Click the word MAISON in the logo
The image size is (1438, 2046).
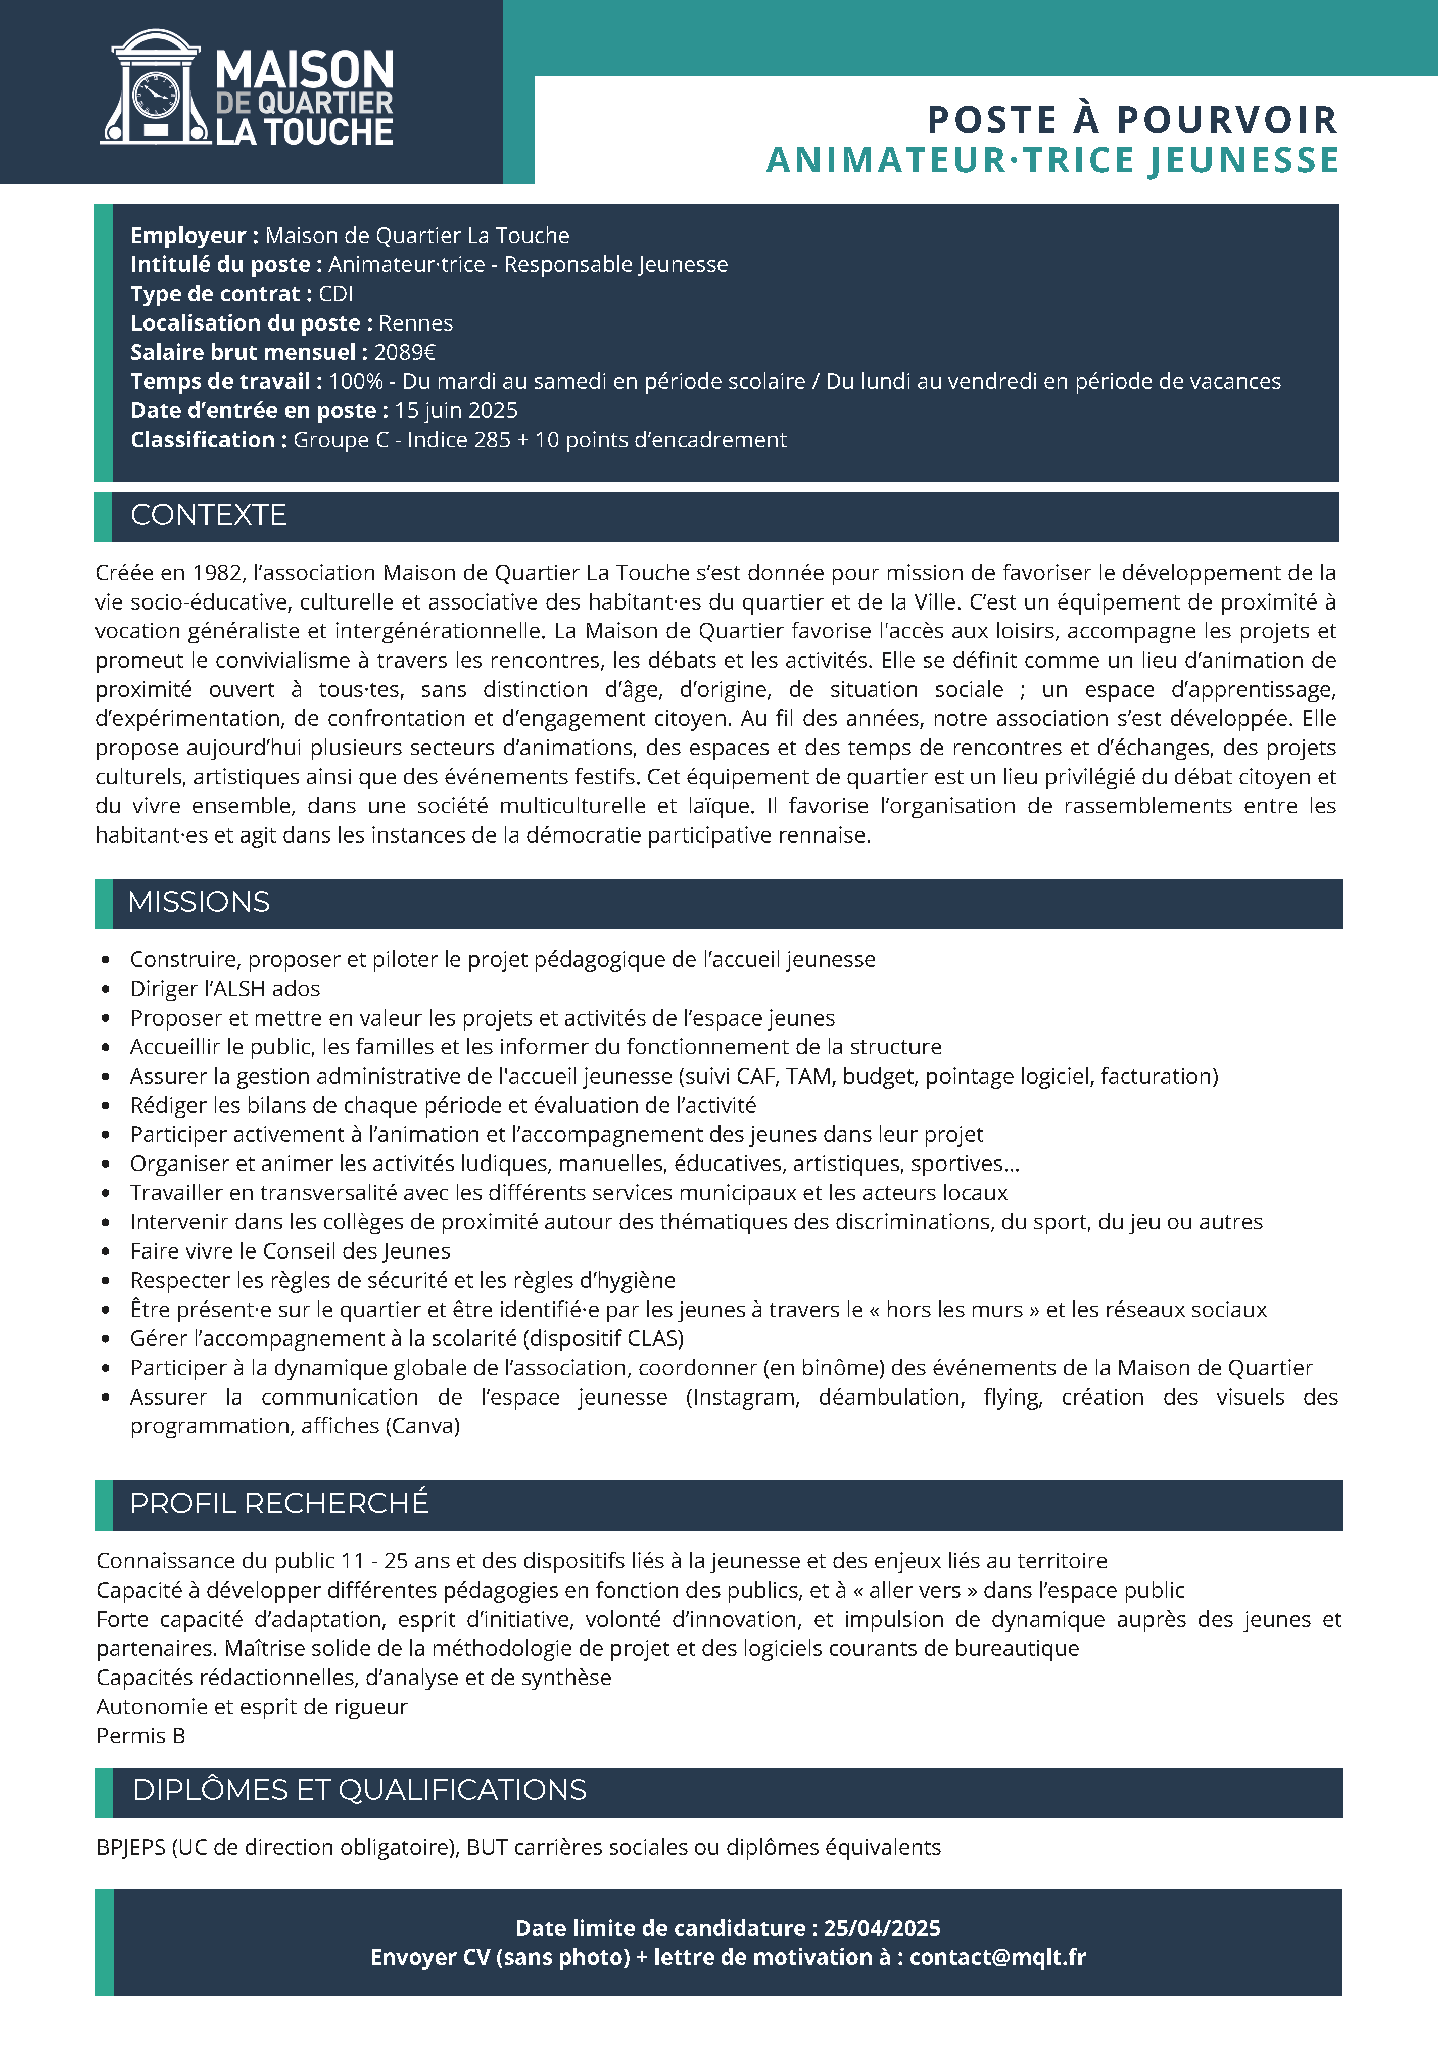[x=305, y=70]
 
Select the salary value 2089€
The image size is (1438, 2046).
[x=405, y=352]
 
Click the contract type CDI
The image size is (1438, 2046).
[x=336, y=294]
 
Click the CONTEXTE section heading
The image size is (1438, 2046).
[x=209, y=515]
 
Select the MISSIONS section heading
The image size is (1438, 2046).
[x=199, y=902]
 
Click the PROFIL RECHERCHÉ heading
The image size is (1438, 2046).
[x=279, y=1503]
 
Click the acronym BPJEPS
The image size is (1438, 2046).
[x=130, y=1847]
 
